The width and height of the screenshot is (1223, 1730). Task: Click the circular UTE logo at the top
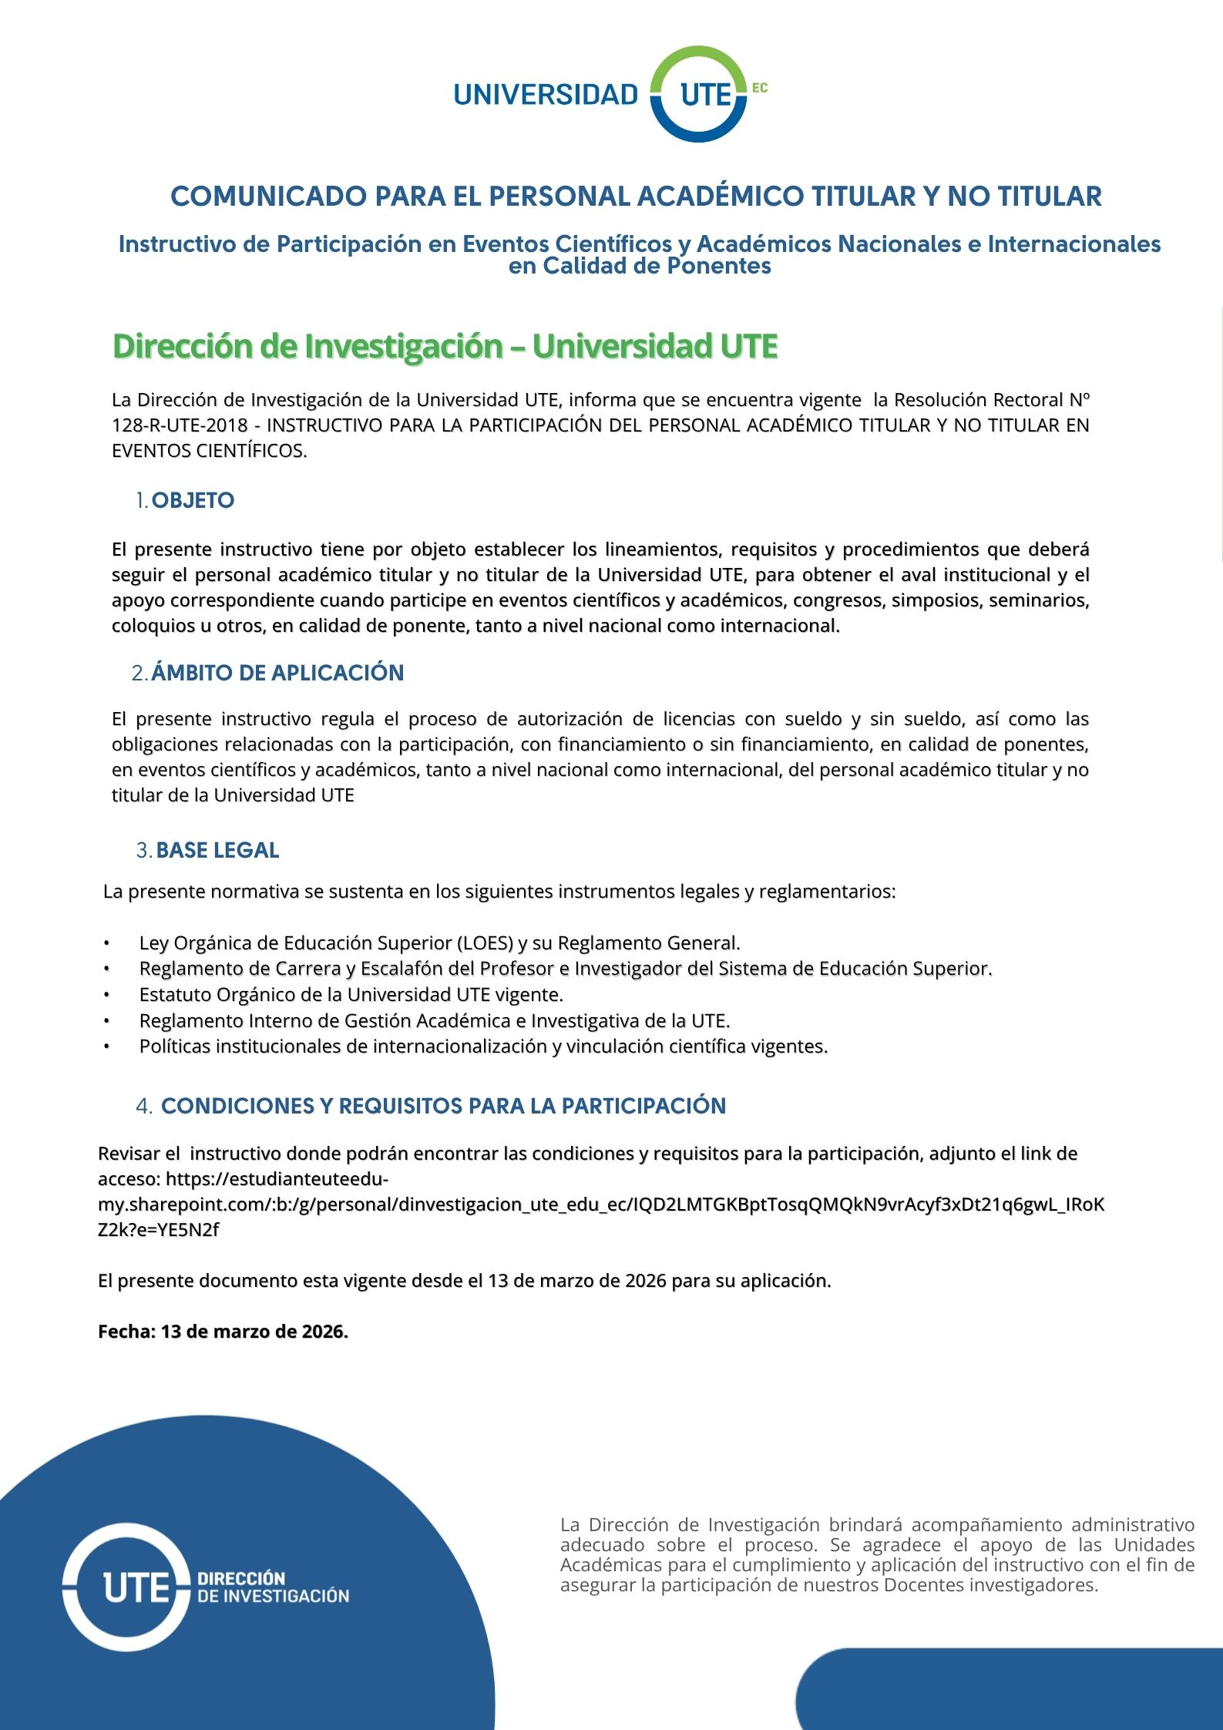pos(698,94)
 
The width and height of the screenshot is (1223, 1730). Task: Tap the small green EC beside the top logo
pos(759,88)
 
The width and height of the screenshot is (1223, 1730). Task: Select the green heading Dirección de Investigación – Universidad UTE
pos(445,346)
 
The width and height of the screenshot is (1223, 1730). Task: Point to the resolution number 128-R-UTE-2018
pos(180,425)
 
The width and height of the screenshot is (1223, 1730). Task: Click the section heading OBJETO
pos(193,501)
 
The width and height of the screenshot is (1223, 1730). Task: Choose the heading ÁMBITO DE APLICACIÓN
pos(277,673)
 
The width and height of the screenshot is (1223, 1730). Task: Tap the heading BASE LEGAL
pos(217,851)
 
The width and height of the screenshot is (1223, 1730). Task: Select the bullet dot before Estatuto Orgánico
pos(107,995)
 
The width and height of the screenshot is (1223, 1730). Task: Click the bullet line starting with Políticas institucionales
pos(483,1046)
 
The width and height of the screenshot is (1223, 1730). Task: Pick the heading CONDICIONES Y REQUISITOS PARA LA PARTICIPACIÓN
pos(443,1107)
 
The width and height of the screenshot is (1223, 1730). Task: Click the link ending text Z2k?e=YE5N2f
pos(158,1230)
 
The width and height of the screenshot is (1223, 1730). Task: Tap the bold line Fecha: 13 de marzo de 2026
pos(223,1332)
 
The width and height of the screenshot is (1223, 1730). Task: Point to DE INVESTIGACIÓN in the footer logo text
pos(274,1596)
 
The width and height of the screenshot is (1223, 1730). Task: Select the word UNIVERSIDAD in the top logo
pos(546,95)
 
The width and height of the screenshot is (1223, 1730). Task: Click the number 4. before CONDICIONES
pos(144,1107)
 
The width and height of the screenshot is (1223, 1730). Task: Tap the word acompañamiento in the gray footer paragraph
pos(975,1524)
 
